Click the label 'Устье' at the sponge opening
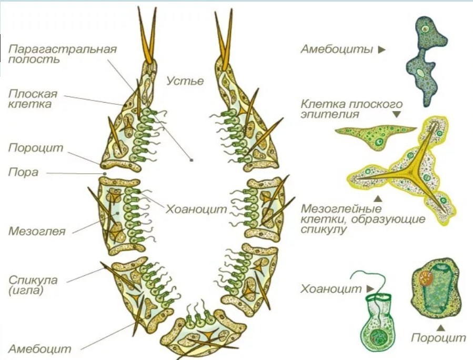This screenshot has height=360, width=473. point(185,81)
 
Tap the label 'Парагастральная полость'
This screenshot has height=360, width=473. point(62,54)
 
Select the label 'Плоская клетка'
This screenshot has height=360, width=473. point(33,99)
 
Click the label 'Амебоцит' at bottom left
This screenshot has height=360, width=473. point(39,348)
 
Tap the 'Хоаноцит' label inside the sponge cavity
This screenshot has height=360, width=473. point(196,209)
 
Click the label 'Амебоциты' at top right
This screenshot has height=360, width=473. point(336,50)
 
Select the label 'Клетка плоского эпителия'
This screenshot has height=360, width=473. point(351,108)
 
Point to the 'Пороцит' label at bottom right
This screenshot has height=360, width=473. point(438,337)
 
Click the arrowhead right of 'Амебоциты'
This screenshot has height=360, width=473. point(381,50)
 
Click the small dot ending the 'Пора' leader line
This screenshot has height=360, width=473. point(105,173)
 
